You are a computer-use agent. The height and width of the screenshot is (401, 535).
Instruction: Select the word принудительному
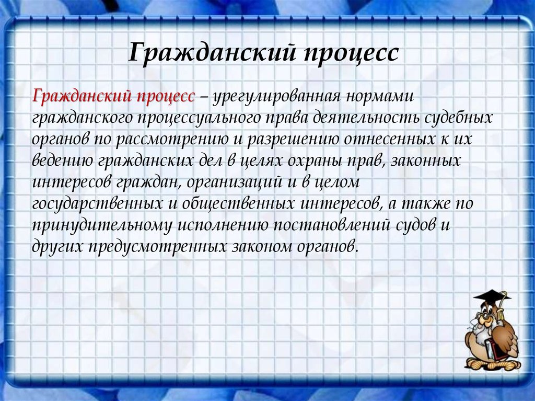click(x=102, y=226)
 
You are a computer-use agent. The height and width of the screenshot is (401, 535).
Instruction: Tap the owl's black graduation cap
click(x=492, y=296)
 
